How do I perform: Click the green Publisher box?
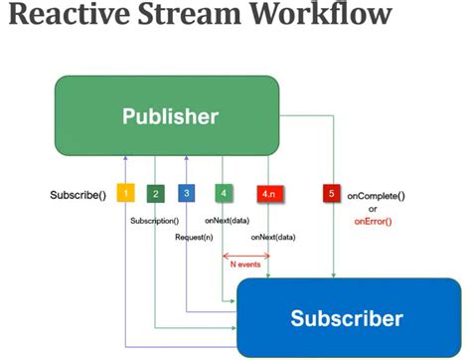[170, 116]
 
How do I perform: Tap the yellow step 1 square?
[126, 194]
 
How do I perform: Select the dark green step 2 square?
[155, 194]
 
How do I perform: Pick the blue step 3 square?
[187, 194]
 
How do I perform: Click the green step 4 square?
[224, 194]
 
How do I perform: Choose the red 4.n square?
[271, 194]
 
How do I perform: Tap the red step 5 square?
[331, 194]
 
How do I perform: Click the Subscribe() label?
[78, 194]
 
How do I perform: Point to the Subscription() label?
[154, 220]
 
